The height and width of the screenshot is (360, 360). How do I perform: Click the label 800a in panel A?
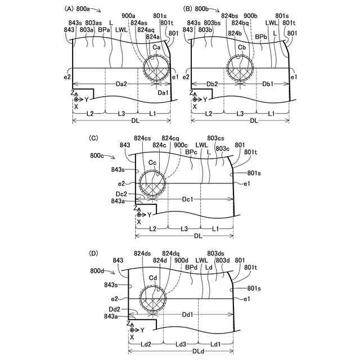(x=83, y=9)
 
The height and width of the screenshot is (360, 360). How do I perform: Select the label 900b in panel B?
(x=250, y=16)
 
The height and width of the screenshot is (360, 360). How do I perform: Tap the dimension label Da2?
(x=121, y=84)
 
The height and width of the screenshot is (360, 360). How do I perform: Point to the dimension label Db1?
(x=268, y=84)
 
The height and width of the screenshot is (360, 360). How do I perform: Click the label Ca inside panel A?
(x=156, y=47)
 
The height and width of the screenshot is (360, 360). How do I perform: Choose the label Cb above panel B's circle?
(x=242, y=47)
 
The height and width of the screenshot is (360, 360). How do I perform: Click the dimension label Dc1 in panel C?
(x=187, y=199)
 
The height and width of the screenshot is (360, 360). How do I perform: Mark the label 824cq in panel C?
(x=170, y=138)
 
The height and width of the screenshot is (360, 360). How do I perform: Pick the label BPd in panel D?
(x=191, y=268)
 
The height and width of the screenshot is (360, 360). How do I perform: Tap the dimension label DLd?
(x=198, y=351)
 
